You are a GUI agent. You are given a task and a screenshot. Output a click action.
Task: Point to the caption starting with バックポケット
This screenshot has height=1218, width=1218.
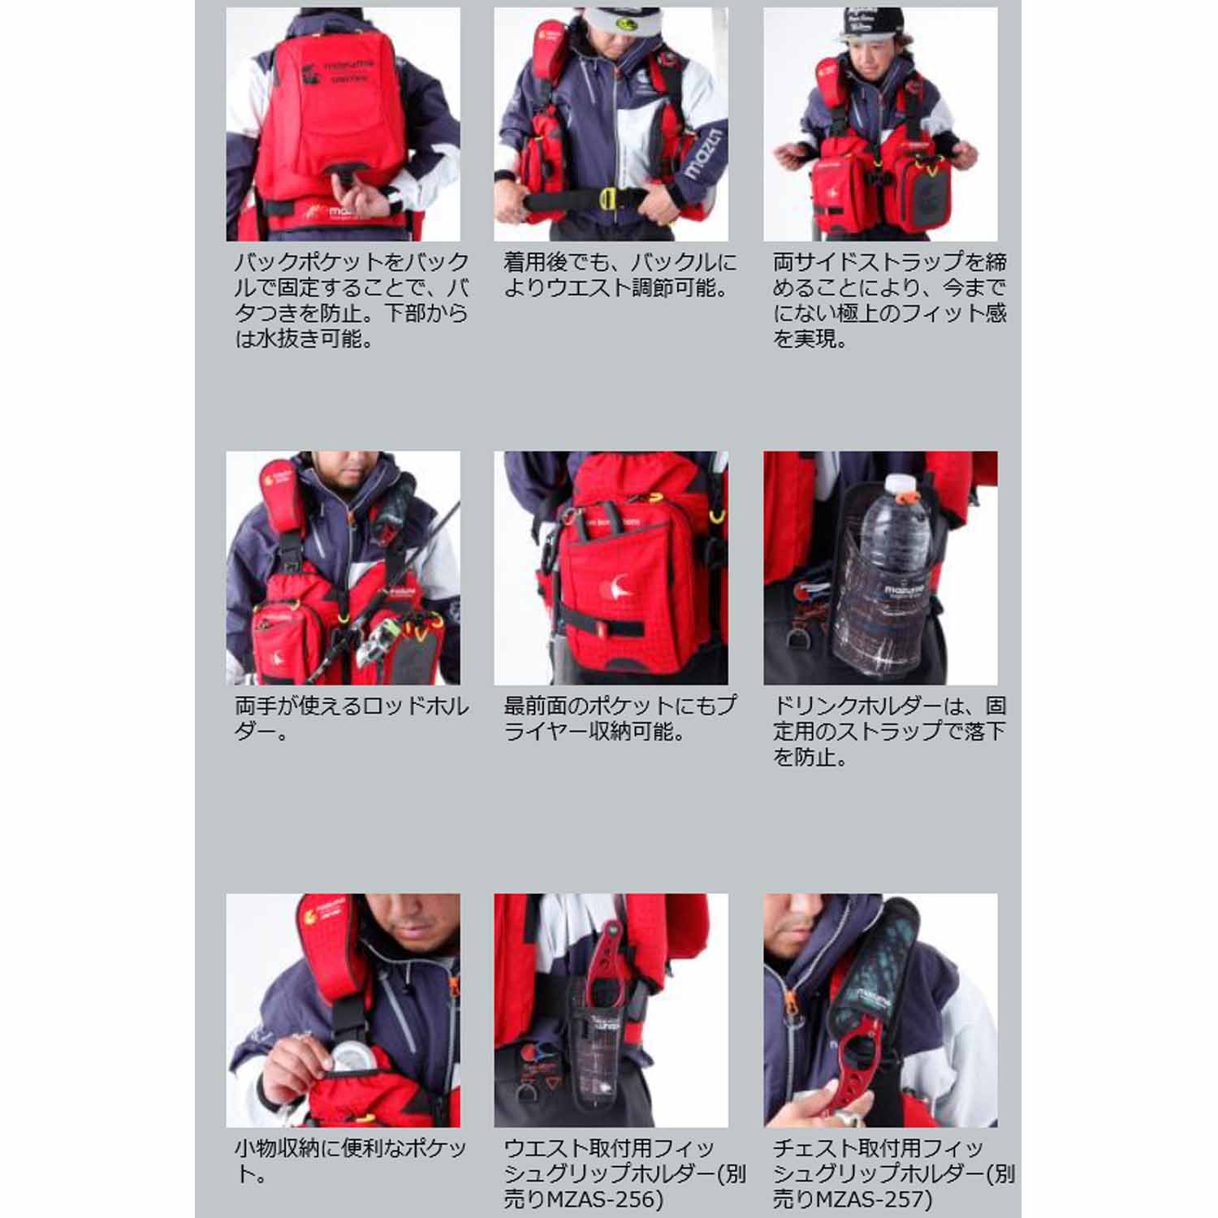(352, 300)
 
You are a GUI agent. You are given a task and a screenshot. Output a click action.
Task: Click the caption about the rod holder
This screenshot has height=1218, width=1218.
(352, 719)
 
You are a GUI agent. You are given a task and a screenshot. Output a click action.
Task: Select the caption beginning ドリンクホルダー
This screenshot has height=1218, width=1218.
(889, 732)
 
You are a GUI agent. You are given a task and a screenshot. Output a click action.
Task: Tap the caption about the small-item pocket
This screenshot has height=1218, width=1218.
(351, 1161)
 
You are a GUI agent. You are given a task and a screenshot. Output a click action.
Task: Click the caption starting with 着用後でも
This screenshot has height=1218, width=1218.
(620, 274)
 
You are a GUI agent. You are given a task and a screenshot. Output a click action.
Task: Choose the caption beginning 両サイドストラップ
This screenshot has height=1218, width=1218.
(889, 300)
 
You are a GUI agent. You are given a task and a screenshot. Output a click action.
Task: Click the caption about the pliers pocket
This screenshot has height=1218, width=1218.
(620, 719)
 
